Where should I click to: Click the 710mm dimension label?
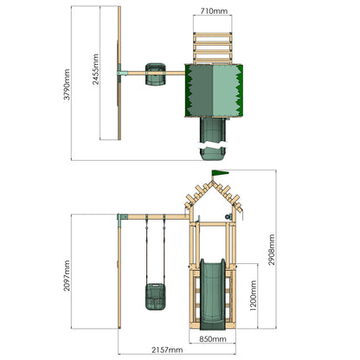click(x=214, y=11)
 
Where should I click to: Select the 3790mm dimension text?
click(x=67, y=85)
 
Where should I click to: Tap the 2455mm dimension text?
click(x=95, y=69)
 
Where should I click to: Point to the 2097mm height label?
click(x=67, y=276)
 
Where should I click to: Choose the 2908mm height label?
click(x=272, y=250)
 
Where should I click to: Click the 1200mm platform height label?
click(x=254, y=295)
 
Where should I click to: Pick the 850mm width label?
click(x=213, y=339)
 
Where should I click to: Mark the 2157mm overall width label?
click(x=167, y=350)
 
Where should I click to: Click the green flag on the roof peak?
click(x=220, y=173)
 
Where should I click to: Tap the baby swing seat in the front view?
click(x=156, y=297)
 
